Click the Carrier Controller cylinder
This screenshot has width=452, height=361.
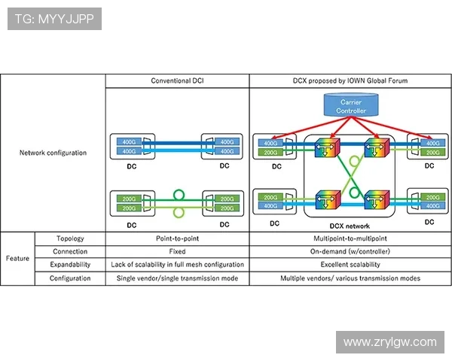(352, 106)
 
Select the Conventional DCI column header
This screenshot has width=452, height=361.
(177, 80)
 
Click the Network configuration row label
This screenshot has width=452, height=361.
(53, 153)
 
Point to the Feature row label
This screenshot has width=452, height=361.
(17, 258)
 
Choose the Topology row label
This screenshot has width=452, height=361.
(70, 238)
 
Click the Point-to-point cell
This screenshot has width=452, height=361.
(177, 238)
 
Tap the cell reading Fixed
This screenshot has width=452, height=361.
(177, 251)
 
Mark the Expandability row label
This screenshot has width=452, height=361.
(70, 265)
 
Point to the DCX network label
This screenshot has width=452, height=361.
(350, 224)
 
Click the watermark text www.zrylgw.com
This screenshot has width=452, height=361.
(389, 342)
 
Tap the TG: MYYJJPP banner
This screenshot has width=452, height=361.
(54, 20)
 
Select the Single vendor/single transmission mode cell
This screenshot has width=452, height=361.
(177, 278)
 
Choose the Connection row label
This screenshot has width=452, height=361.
(70, 251)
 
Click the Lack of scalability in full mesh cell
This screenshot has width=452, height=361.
(177, 265)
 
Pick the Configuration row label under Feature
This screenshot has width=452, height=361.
(70, 278)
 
